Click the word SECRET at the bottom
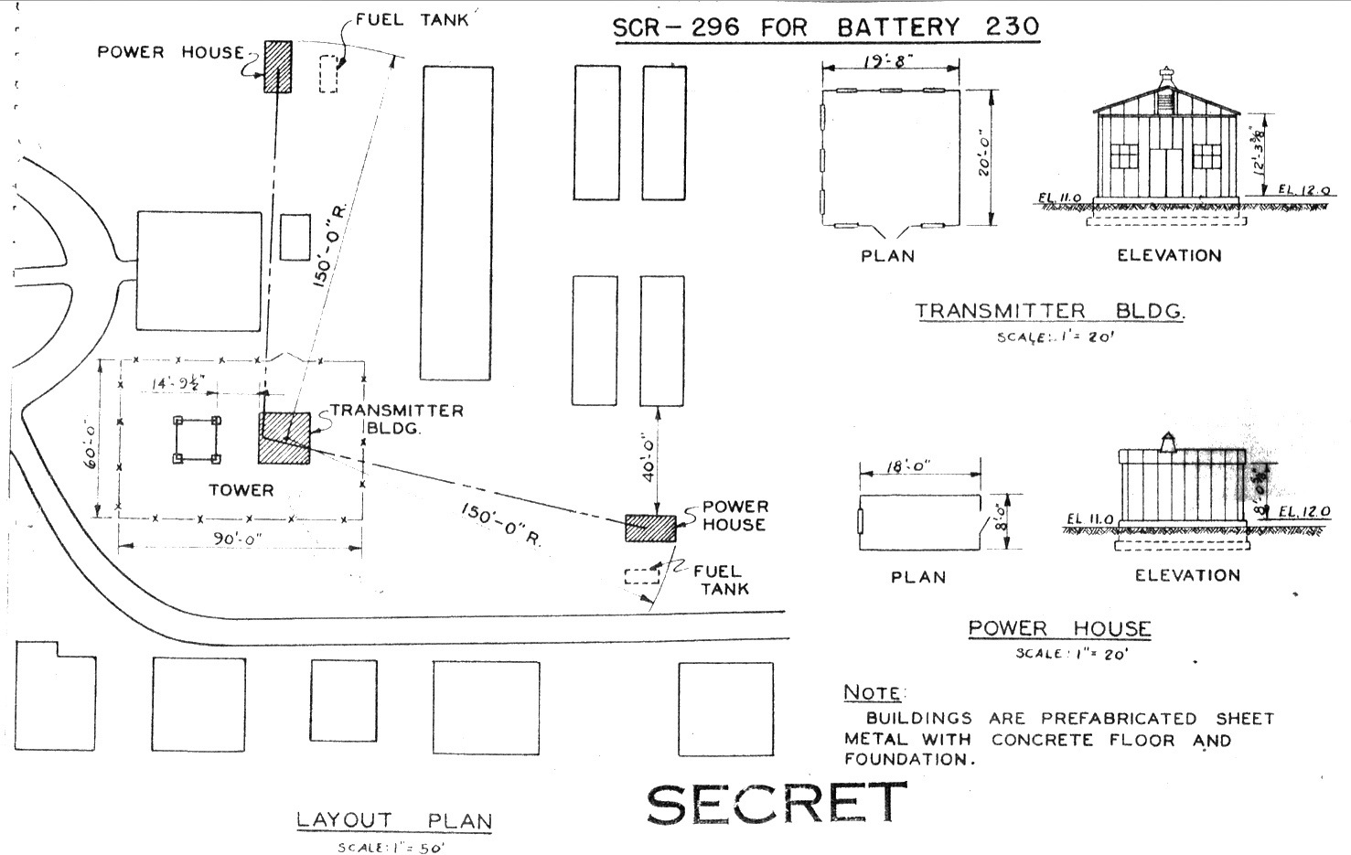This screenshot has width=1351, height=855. click(x=776, y=803)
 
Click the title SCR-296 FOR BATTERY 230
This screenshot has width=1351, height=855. click(x=825, y=27)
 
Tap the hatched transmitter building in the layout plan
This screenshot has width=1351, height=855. click(x=284, y=439)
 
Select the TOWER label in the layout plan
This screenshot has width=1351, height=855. click(x=241, y=490)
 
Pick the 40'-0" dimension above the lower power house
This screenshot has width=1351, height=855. click(x=648, y=457)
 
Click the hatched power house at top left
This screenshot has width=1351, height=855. click(x=278, y=67)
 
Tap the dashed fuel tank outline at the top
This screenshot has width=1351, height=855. click(x=328, y=73)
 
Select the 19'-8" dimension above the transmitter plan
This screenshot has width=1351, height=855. click(x=889, y=63)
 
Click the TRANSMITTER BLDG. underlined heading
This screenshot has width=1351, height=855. click(x=1050, y=311)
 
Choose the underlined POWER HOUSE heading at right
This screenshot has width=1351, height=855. click(x=1059, y=628)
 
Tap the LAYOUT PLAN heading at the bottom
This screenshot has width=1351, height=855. click(x=393, y=820)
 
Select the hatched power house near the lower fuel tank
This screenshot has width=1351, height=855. click(x=650, y=529)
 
